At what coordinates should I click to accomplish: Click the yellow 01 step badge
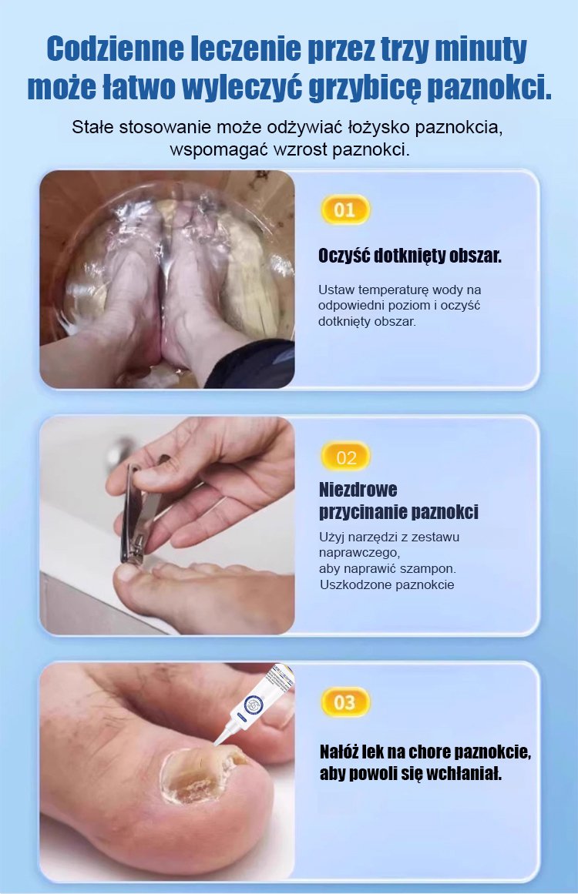coord(344,209)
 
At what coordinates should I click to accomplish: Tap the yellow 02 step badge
coord(346,457)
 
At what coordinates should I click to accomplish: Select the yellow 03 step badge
coord(344,701)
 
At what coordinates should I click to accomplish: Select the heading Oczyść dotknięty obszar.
coord(410,256)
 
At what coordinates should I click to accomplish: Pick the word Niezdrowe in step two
coord(358,489)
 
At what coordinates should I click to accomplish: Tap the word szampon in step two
coord(433,569)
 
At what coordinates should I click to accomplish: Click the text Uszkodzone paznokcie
coord(387,584)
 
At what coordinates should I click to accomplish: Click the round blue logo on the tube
coord(253,704)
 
